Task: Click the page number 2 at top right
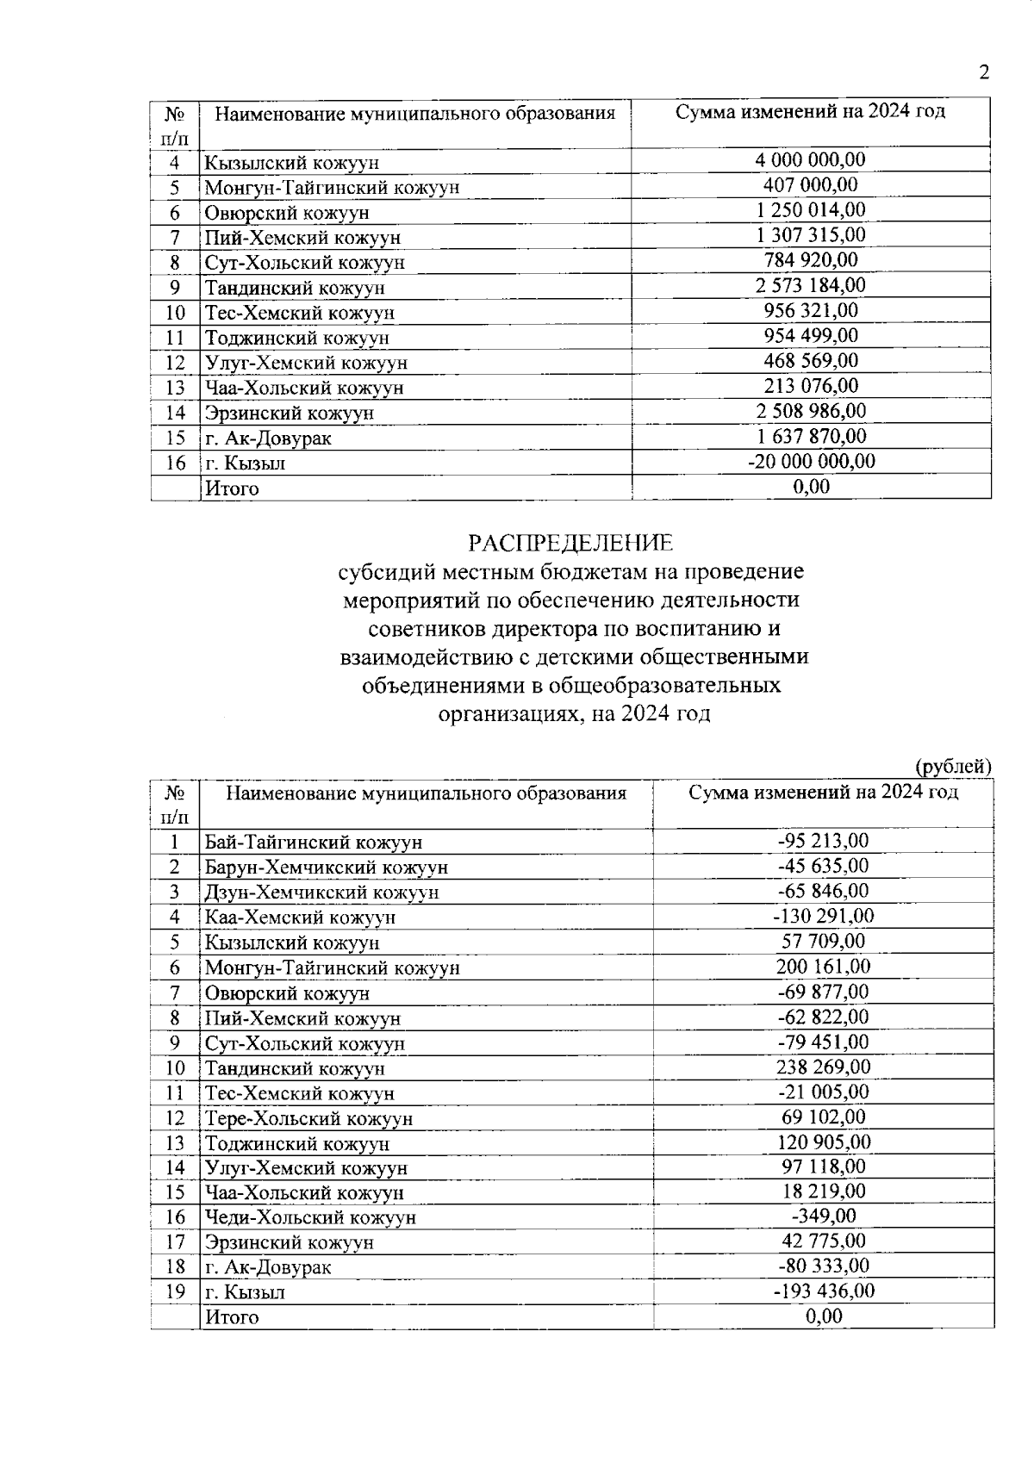(x=983, y=72)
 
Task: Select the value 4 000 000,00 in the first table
(x=810, y=160)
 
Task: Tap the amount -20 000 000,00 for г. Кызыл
(x=811, y=462)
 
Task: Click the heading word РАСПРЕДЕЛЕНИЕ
(x=570, y=544)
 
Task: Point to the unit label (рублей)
(x=953, y=766)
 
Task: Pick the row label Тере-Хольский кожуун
(x=308, y=1119)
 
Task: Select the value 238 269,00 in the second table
(x=823, y=1067)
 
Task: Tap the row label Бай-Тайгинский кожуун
(x=313, y=843)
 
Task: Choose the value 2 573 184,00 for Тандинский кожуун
(x=810, y=286)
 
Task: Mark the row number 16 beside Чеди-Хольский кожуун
(x=175, y=1217)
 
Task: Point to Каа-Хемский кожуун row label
(x=300, y=918)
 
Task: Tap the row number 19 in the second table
(x=175, y=1292)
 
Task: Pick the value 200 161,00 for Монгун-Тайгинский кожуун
(x=823, y=967)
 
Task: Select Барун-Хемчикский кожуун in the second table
(x=326, y=868)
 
